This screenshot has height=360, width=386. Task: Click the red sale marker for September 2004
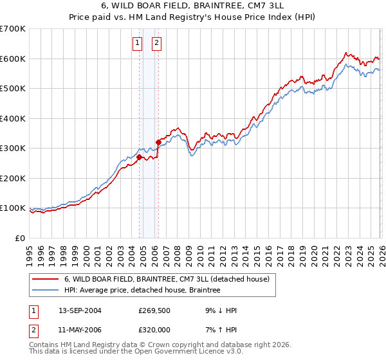pos(139,157)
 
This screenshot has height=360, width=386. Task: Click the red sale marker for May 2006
pos(158,142)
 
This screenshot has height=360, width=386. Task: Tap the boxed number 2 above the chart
pos(156,44)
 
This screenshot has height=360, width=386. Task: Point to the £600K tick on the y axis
pos(13,59)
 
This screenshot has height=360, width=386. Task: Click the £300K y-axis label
pos(13,148)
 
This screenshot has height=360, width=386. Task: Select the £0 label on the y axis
pos(19,238)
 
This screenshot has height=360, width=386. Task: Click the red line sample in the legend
pos(44,279)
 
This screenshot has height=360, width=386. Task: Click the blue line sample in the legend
pos(44,290)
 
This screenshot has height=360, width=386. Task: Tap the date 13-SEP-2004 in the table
pos(80,310)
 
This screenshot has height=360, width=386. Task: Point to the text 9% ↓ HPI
pos(217,310)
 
